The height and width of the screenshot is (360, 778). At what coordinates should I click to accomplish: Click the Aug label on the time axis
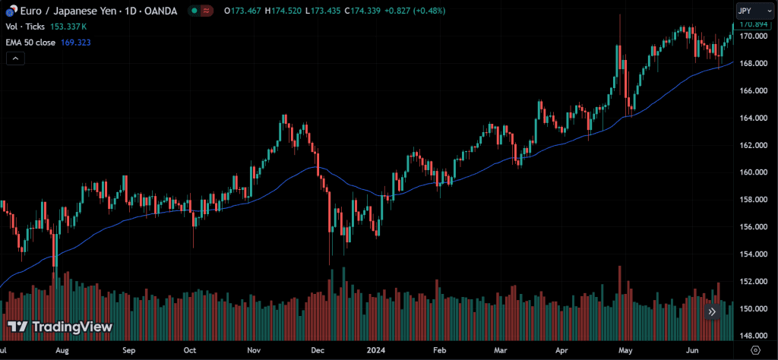62,351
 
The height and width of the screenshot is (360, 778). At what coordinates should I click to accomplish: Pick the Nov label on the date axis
255,351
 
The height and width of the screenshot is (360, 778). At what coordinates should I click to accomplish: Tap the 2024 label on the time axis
376,351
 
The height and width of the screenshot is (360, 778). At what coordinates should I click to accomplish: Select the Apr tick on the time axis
561,351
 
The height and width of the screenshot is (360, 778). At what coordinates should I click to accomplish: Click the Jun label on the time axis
692,351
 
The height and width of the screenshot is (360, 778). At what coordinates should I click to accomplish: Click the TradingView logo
60,327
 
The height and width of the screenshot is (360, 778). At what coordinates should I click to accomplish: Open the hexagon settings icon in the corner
754,350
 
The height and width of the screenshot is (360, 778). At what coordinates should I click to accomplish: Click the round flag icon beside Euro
10,11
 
